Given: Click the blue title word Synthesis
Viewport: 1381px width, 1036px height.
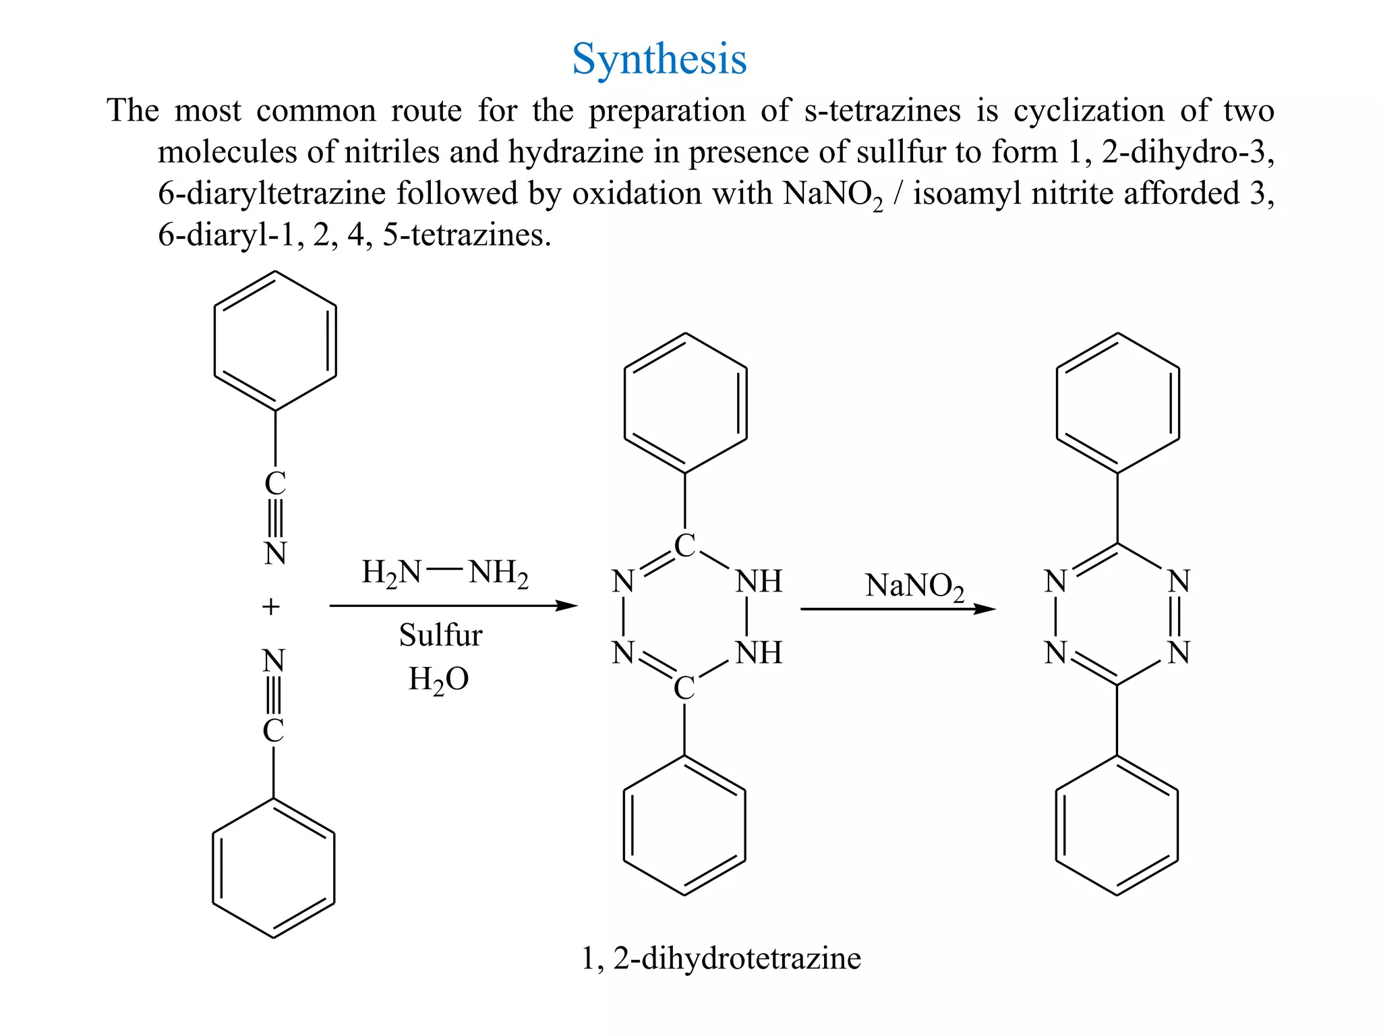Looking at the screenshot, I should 659,59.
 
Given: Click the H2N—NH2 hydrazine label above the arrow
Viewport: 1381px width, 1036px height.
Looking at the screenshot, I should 444,573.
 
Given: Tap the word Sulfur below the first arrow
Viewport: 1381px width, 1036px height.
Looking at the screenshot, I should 440,635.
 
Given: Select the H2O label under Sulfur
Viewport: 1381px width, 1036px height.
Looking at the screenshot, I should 438,679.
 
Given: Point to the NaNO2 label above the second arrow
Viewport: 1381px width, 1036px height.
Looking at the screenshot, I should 914,585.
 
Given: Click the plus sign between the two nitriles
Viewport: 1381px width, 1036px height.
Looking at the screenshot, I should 270,607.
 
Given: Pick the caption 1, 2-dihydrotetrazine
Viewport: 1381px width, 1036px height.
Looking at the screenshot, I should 721,958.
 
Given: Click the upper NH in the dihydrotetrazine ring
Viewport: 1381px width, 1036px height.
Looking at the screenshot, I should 759,581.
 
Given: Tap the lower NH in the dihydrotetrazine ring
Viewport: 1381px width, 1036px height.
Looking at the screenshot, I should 759,653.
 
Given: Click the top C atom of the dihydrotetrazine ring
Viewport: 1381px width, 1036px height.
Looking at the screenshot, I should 684,546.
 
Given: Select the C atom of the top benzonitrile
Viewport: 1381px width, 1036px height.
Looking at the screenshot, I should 275,484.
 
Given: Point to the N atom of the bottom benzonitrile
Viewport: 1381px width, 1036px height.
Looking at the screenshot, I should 273,661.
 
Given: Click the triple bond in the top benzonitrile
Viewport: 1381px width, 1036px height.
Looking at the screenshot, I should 275,518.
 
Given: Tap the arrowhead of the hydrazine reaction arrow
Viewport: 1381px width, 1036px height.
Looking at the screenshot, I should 568,606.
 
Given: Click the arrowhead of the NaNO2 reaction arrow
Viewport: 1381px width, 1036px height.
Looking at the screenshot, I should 985,609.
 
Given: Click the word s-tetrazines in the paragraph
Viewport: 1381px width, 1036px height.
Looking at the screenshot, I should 882,111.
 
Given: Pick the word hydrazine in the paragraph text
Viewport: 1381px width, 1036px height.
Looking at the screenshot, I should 576,152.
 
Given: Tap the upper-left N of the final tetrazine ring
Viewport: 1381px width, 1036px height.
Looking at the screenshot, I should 1055,581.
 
